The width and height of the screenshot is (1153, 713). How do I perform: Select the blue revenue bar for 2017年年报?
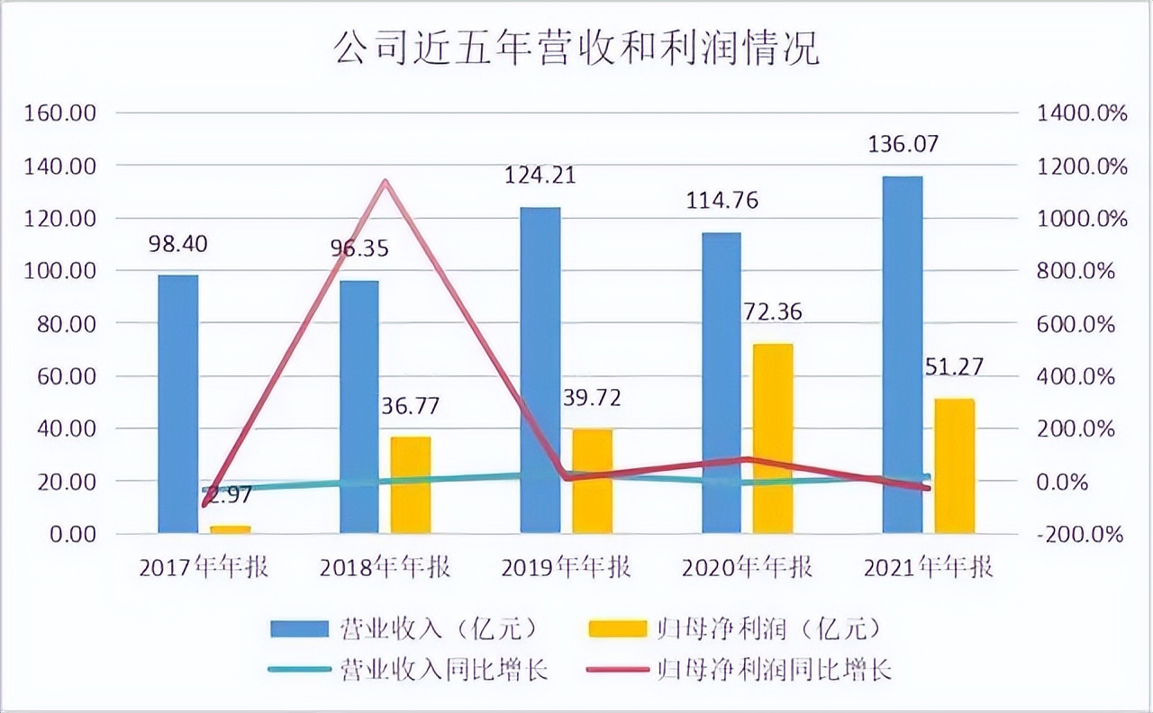pos(178,405)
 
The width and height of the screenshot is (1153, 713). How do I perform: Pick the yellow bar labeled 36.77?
pos(410,486)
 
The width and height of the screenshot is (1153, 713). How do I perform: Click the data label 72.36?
pos(771,312)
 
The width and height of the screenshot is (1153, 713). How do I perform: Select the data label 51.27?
pos(953,366)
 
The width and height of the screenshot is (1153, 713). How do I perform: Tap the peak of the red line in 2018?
pos(386,182)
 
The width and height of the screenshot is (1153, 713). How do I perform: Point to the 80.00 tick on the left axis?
pos(67,324)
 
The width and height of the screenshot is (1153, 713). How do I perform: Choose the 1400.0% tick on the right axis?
pos(1081,114)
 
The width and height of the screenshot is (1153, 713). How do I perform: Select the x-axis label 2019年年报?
pos(566,567)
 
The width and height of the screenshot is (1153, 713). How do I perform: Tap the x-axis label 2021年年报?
pos(928,567)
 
